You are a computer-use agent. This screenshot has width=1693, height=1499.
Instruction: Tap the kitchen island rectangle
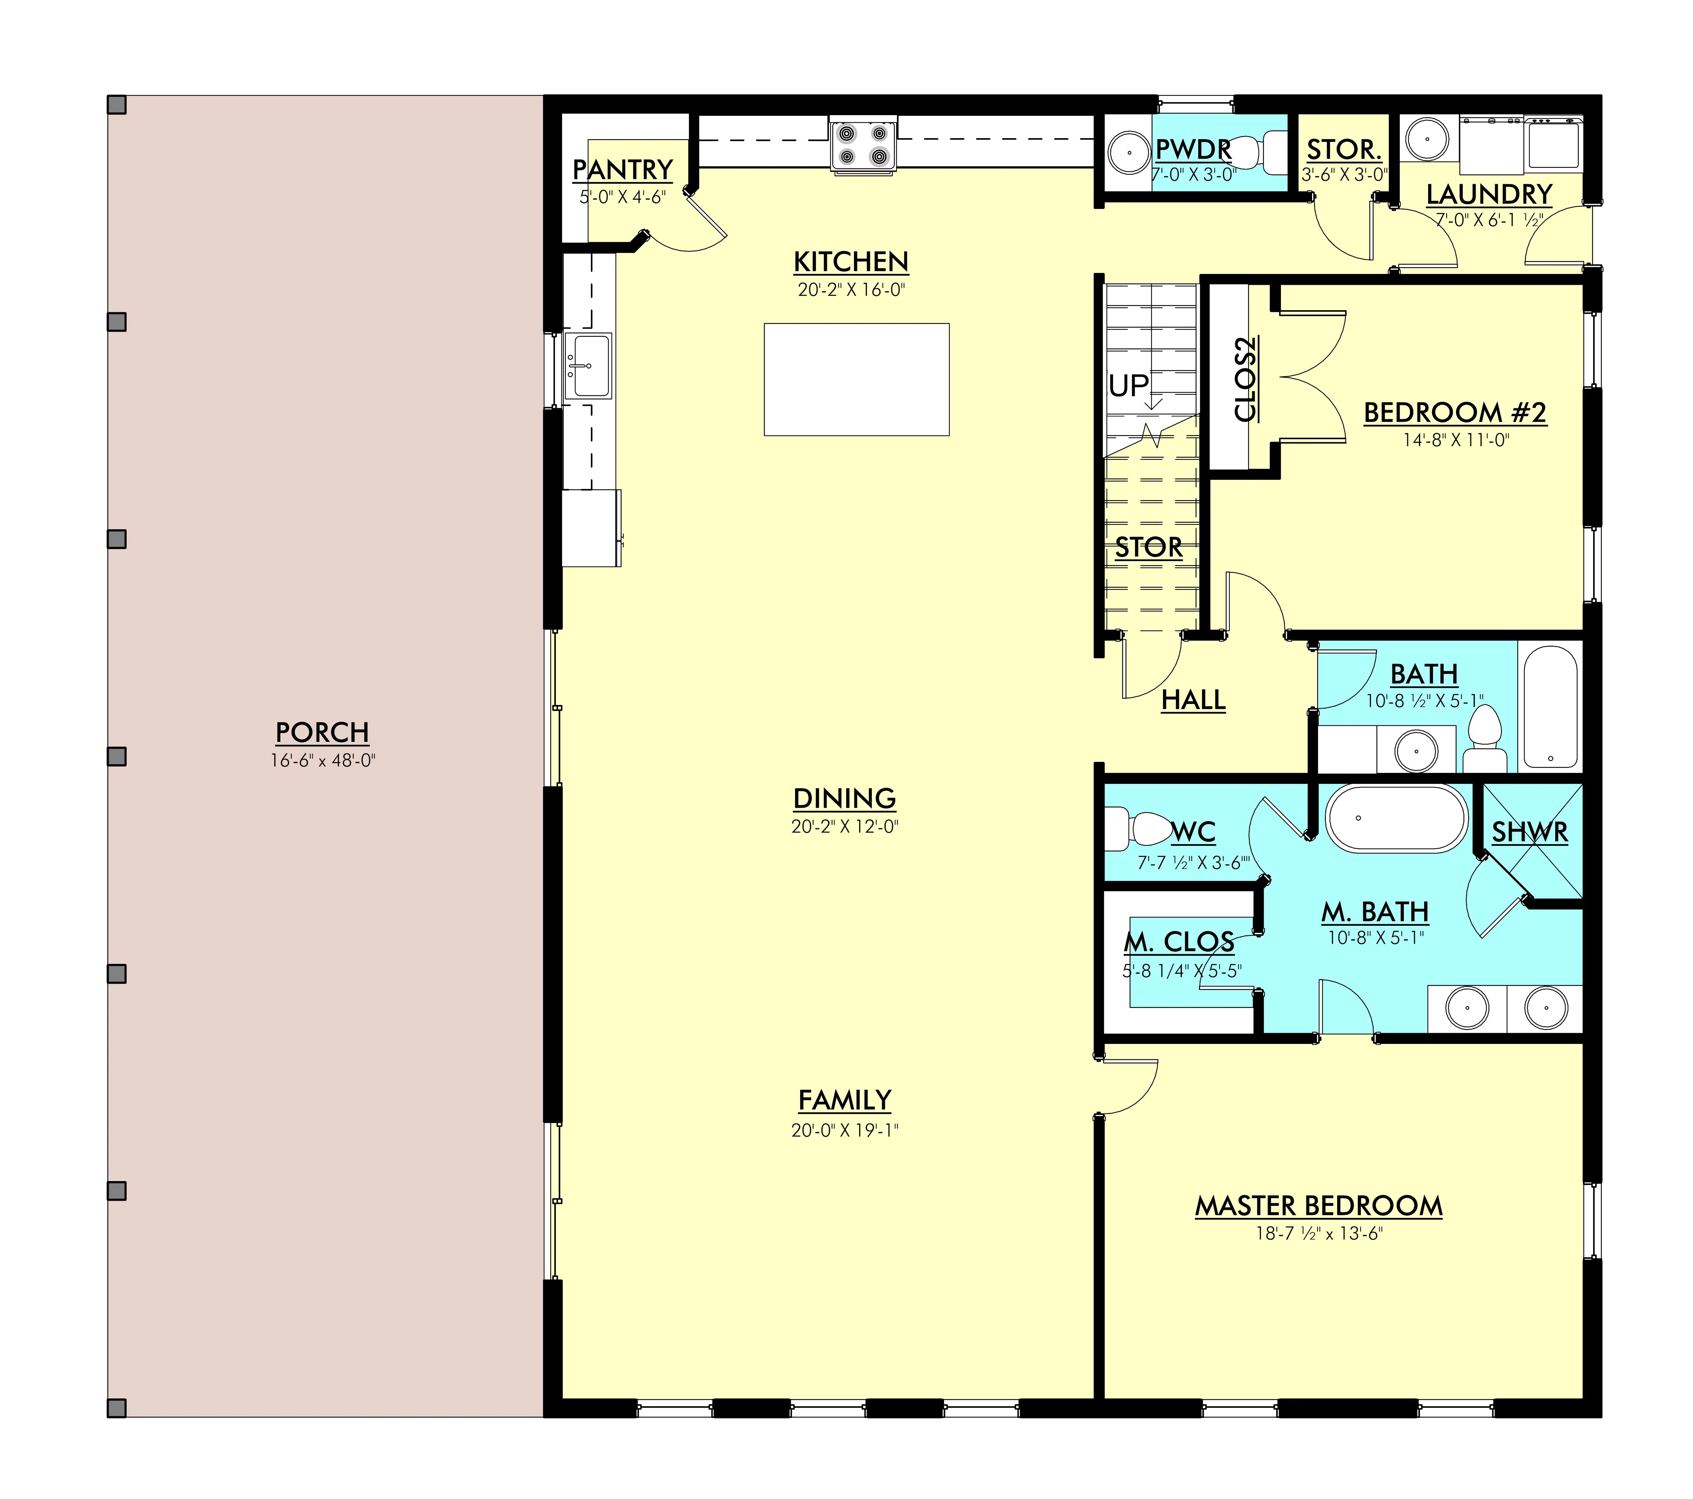(x=856, y=379)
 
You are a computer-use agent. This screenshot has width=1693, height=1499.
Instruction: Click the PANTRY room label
(x=623, y=170)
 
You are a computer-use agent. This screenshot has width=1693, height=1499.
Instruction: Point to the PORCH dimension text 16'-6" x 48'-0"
(x=323, y=760)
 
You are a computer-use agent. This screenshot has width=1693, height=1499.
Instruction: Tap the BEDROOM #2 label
(x=1455, y=412)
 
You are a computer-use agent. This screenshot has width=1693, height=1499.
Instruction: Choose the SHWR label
(x=1530, y=832)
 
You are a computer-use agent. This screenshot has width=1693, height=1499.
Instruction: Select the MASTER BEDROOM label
(x=1319, y=1206)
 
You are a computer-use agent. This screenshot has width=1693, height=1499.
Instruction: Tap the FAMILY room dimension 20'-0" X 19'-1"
(x=845, y=1131)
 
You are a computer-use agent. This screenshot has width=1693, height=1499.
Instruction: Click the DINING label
(x=845, y=798)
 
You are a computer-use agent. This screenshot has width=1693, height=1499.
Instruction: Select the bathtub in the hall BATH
(x=1550, y=706)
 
